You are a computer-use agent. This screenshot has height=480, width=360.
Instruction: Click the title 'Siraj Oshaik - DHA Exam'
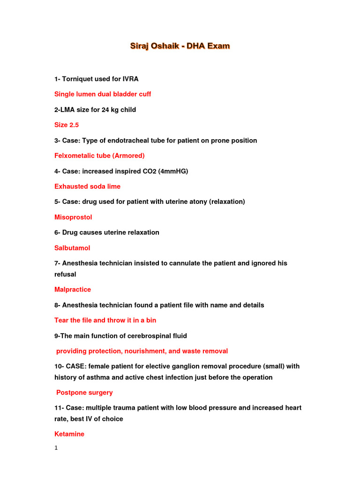(x=180, y=46)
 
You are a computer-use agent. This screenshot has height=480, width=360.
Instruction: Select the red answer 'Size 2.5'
(x=67, y=125)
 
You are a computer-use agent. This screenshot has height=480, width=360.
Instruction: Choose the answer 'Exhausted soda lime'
(x=87, y=187)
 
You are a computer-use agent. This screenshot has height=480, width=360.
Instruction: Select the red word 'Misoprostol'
(x=73, y=217)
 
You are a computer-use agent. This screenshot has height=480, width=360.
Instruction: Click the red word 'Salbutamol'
(x=72, y=248)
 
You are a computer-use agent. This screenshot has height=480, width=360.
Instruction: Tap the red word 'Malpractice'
(x=73, y=290)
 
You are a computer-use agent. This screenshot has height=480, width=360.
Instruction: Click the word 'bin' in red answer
(x=151, y=320)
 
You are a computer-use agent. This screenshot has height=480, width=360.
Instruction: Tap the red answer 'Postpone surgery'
(x=84, y=393)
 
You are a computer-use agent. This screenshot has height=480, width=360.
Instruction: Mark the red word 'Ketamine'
(x=69, y=434)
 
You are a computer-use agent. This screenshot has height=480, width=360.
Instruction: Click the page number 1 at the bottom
(x=56, y=448)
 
